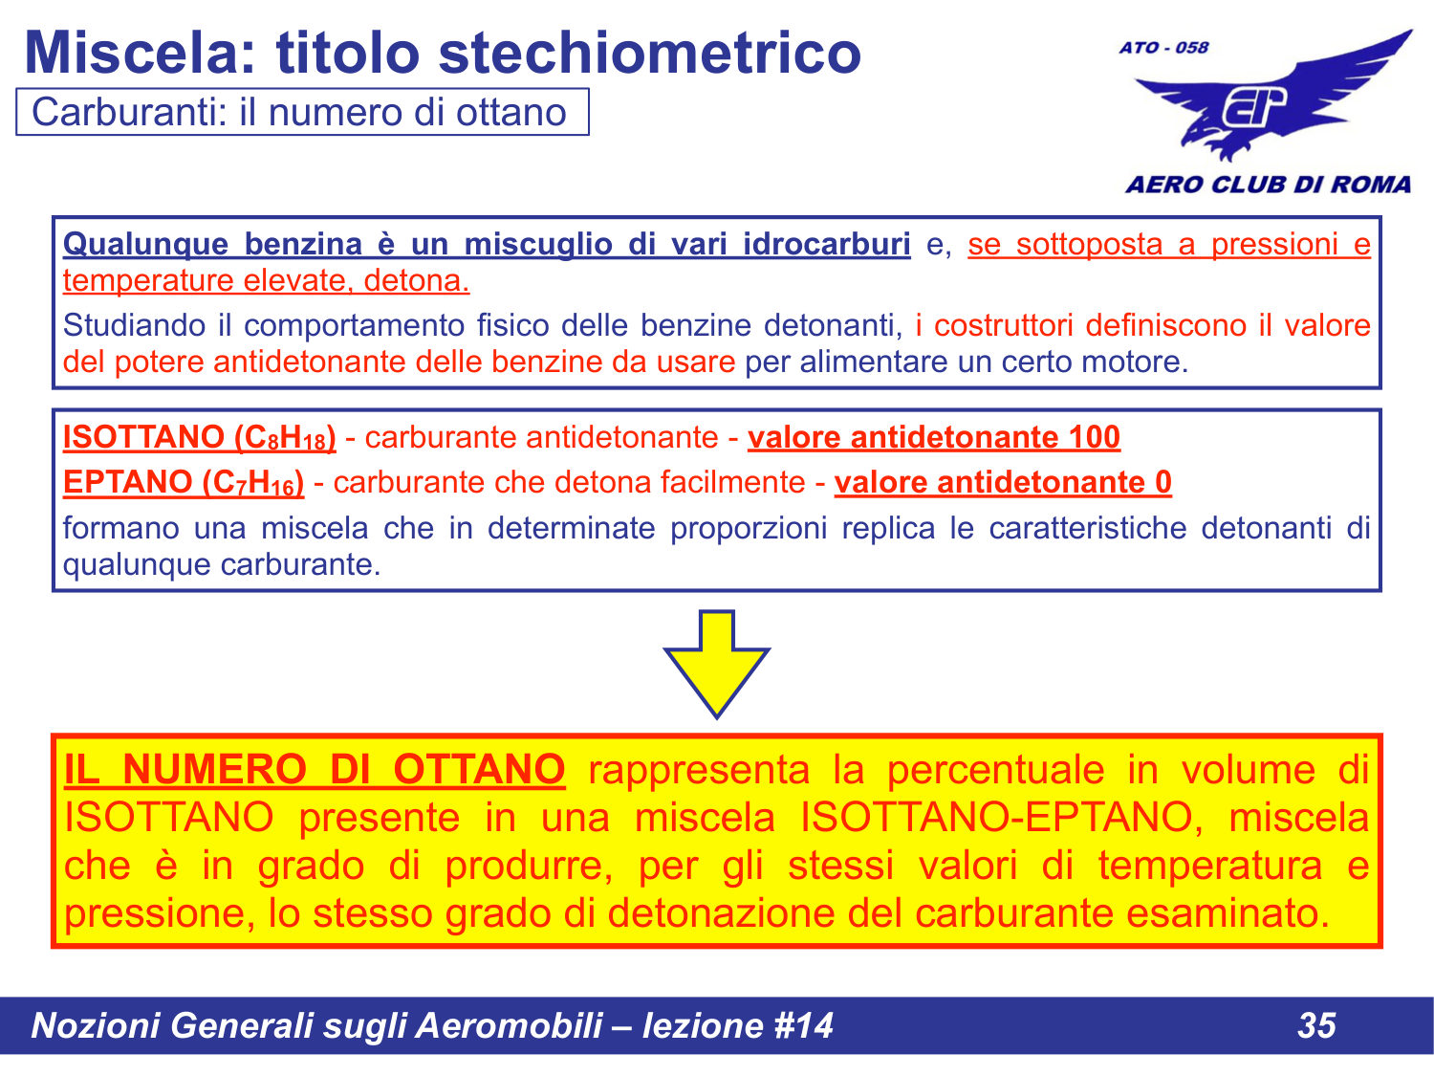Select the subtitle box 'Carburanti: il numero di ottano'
point(301,113)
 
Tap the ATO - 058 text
point(1163,47)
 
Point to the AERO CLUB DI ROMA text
point(1268,185)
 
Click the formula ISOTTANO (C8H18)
point(199,438)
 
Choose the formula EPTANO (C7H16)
point(184,483)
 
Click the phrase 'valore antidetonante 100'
point(933,438)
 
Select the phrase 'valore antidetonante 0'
point(1003,483)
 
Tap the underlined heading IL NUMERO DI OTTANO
point(315,770)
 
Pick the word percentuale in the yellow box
point(994,770)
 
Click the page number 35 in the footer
point(1316,1025)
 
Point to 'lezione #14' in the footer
point(737,1025)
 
